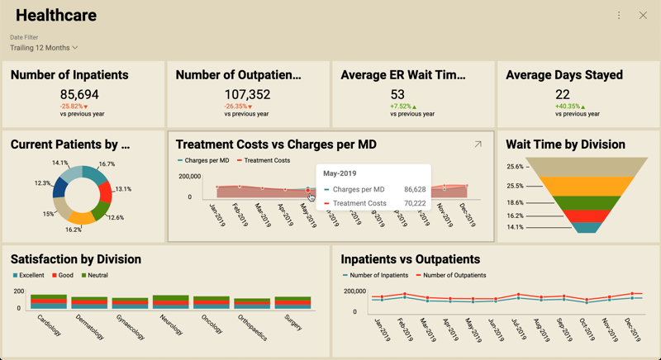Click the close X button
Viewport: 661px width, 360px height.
click(643, 16)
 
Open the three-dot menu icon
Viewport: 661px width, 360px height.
click(619, 16)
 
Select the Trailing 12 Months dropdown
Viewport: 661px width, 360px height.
click(44, 48)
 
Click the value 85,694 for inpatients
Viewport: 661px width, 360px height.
click(79, 95)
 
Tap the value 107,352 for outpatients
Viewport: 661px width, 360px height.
click(247, 95)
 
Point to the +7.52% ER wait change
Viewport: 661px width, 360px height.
click(403, 107)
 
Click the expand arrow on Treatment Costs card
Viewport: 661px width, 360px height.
click(478, 144)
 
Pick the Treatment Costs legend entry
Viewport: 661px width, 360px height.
click(266, 160)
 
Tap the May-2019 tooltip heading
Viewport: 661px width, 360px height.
click(340, 173)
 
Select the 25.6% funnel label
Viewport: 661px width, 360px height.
click(515, 167)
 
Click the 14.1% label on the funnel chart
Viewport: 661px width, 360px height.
click(515, 227)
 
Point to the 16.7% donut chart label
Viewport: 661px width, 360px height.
click(107, 164)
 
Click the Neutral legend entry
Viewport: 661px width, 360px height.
click(97, 275)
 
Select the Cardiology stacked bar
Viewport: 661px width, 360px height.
click(48, 301)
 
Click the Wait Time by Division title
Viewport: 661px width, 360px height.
click(565, 144)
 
